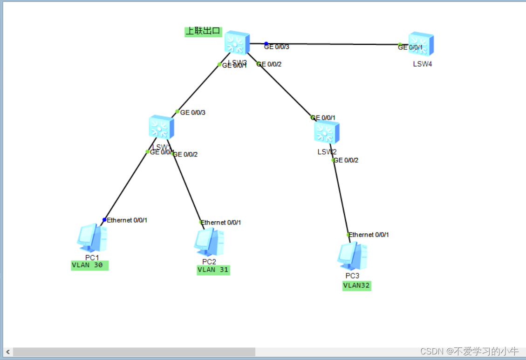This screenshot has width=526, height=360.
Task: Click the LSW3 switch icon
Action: tap(237, 43)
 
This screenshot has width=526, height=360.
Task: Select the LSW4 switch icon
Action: tap(421, 44)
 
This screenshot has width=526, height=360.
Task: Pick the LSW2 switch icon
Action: tap(327, 132)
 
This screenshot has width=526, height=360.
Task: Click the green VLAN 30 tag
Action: tap(89, 265)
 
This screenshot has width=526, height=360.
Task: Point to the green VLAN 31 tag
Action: tap(213, 270)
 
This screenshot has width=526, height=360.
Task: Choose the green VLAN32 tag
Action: tap(356, 285)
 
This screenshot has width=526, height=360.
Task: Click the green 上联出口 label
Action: tap(203, 32)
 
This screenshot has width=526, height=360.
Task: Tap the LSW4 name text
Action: tap(422, 64)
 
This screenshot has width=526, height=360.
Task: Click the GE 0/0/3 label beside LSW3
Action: tap(277, 47)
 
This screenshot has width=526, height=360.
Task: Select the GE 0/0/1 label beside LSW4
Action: tap(410, 47)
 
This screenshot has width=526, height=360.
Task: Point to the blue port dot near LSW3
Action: tap(266, 44)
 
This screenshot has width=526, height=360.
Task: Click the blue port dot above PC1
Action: tap(104, 220)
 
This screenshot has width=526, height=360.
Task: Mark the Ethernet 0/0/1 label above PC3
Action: tap(369, 235)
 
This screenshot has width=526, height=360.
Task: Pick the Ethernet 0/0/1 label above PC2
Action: tap(221, 223)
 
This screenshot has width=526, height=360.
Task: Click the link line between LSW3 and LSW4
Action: tap(335, 44)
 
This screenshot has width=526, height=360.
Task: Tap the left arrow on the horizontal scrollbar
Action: tap(8, 352)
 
